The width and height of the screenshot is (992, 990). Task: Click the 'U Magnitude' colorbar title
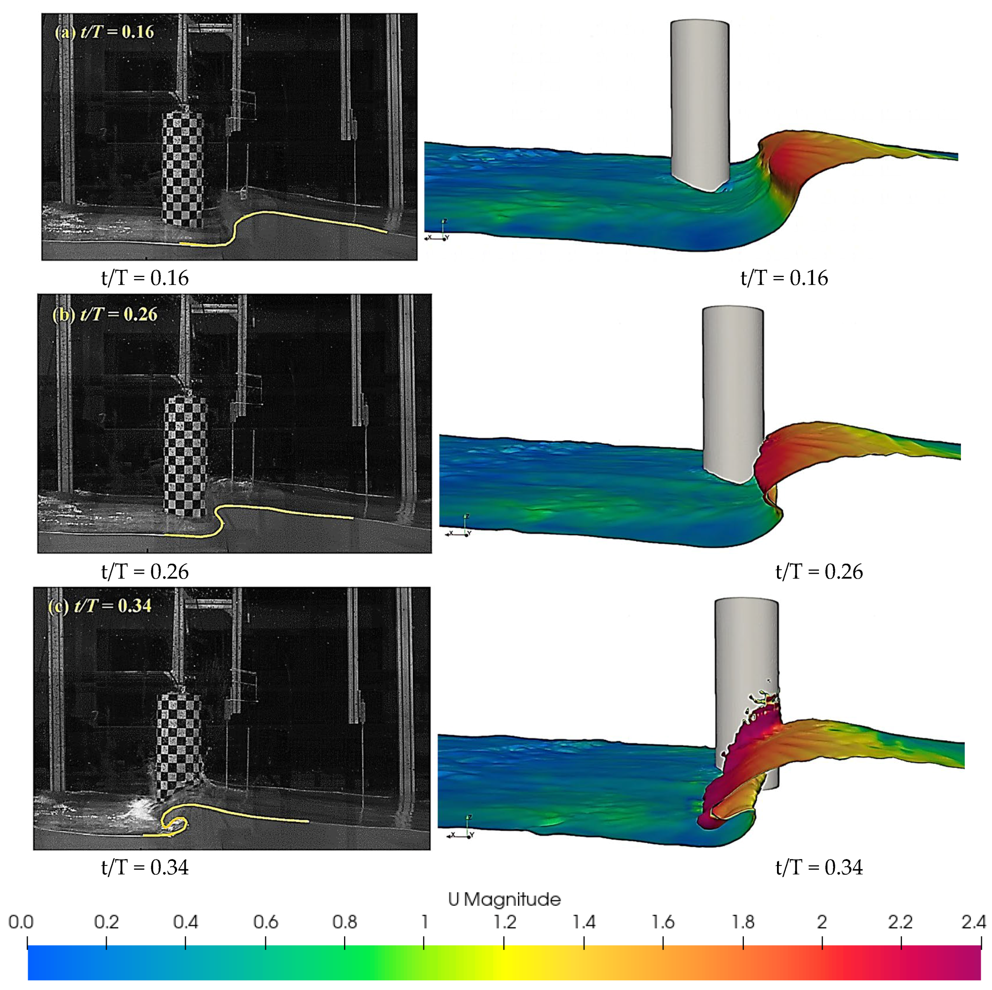point(504,899)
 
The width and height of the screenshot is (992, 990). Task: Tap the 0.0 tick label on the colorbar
point(21,922)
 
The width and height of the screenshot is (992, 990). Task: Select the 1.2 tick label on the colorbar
point(505,922)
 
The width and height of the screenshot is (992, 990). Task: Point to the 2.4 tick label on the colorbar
point(974,922)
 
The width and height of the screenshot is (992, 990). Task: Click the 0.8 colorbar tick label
point(344,922)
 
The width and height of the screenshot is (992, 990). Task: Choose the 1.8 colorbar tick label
point(743,922)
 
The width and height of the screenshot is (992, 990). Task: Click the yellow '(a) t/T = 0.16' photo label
point(104,32)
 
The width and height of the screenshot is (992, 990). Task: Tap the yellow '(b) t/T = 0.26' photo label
point(105,314)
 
